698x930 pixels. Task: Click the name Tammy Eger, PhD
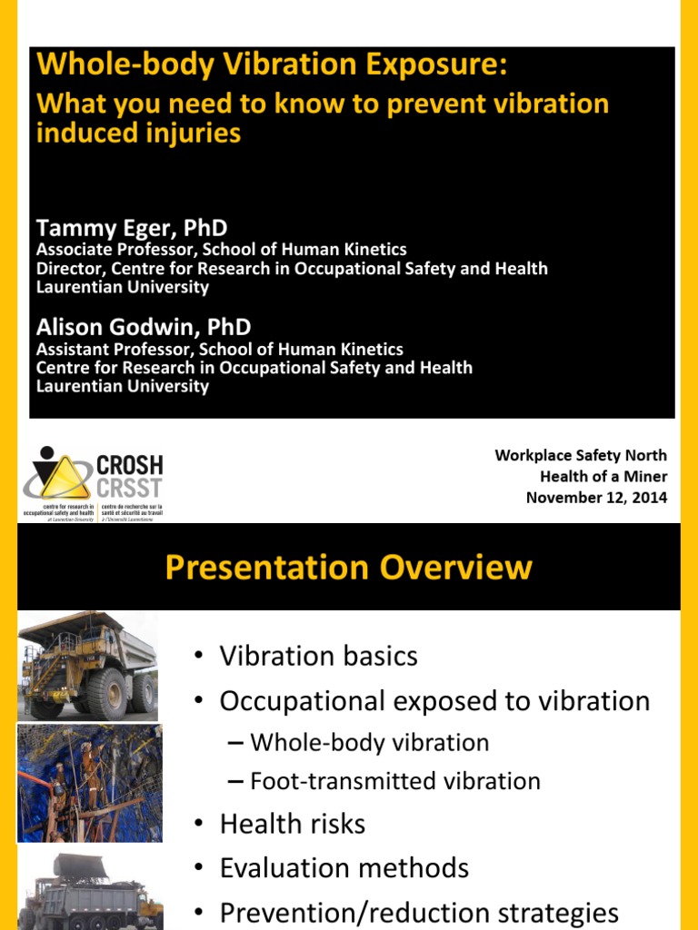coord(131,227)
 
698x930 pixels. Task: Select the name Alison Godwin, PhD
coord(143,327)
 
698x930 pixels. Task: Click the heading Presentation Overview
coord(348,568)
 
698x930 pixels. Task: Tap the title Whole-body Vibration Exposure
coord(271,65)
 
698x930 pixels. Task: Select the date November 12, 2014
coord(596,497)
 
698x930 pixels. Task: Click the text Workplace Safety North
coord(581,455)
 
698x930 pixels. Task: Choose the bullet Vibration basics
coord(318,656)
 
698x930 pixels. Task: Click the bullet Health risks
coord(292,824)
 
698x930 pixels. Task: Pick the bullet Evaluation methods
coord(344,867)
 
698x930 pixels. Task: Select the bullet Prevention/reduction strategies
coord(418,912)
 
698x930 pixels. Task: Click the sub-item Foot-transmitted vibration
coord(394,781)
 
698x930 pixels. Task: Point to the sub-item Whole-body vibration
coord(369,742)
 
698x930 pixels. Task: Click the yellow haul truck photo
coord(87,665)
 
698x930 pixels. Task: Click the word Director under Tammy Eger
coord(65,269)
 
